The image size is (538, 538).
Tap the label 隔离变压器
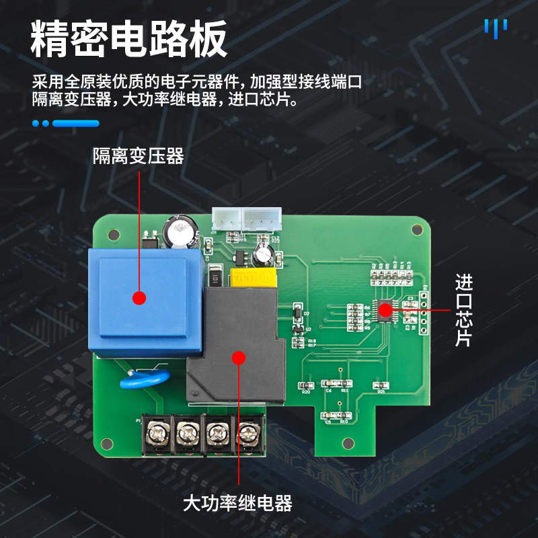[x=138, y=157]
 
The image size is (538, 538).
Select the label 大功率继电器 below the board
[x=237, y=503]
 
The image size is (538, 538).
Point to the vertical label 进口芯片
[x=464, y=310]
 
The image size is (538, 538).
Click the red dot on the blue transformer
[x=139, y=298]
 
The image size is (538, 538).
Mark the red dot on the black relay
[x=238, y=357]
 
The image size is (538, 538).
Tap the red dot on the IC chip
[x=385, y=310]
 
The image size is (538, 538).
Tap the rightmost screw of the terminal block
[x=249, y=431]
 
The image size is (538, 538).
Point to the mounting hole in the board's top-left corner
[x=112, y=234]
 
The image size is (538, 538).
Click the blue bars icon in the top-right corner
[x=496, y=28]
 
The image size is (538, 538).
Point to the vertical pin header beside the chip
[x=424, y=313]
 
